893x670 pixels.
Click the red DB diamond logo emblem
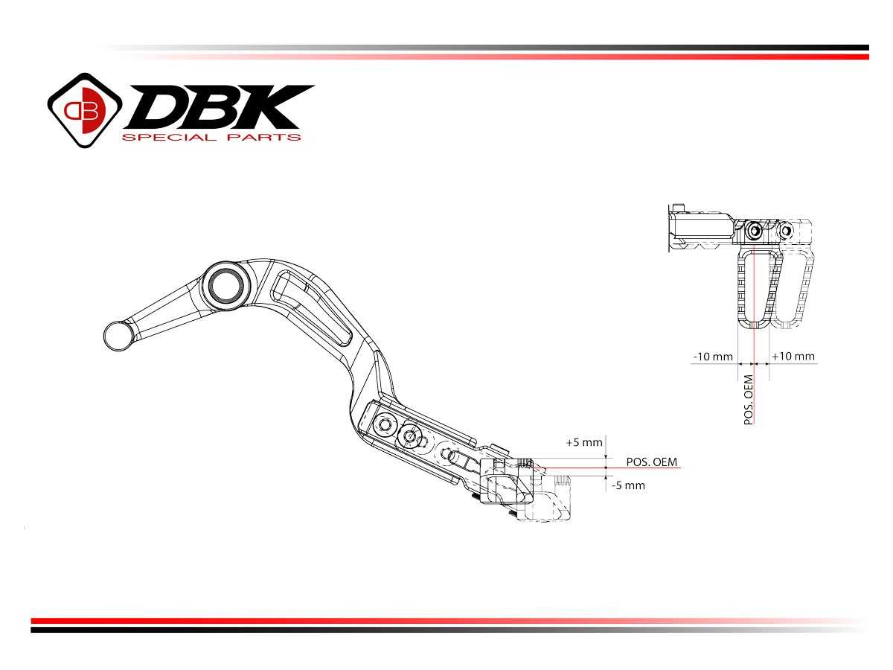(x=84, y=109)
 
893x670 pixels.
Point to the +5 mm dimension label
(x=583, y=442)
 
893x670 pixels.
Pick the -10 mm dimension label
(x=712, y=357)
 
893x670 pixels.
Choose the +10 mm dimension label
(x=793, y=357)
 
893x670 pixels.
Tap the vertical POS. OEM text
(x=749, y=400)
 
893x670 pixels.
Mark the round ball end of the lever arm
(x=118, y=335)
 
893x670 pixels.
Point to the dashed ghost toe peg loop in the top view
(x=795, y=290)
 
